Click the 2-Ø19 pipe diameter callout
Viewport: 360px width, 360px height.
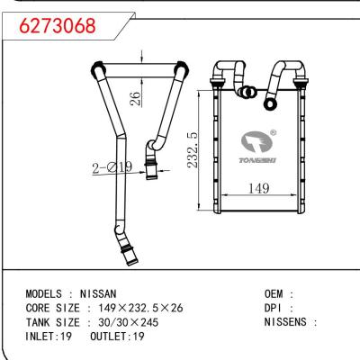105,166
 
